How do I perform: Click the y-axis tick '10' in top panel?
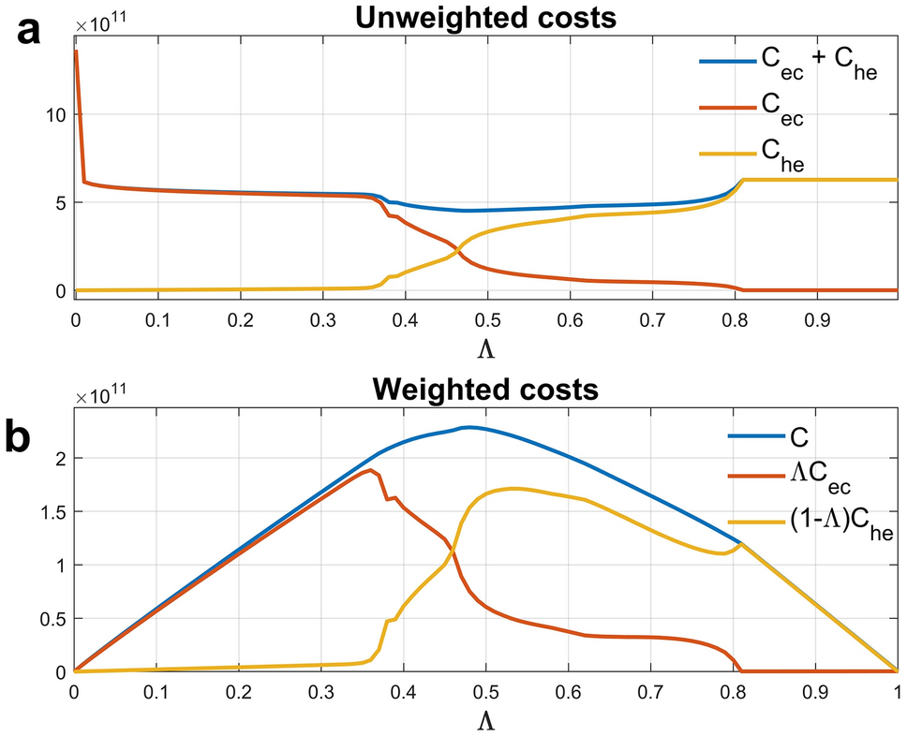coord(54,114)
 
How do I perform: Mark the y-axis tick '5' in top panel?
coord(59,202)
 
